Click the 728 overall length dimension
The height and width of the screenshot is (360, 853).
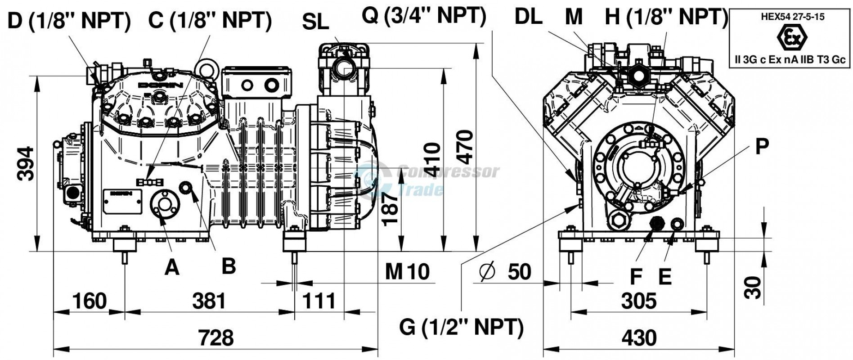coord(216,337)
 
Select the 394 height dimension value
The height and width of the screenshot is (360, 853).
coord(26,163)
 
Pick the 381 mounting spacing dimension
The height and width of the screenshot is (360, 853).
coord(209,301)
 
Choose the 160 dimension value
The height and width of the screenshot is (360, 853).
coord(90,301)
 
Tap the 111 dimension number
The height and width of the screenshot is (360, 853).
coord(319,301)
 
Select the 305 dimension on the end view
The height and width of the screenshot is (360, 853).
coord(639,301)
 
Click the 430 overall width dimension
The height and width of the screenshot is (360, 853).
coord(639,337)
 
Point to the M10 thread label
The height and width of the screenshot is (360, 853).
coord(408,271)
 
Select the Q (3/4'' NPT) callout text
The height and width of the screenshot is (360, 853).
coord(425,16)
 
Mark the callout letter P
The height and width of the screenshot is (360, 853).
coord(762,147)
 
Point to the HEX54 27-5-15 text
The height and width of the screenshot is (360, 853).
coord(790,17)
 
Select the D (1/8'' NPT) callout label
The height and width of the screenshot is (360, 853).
coord(69,20)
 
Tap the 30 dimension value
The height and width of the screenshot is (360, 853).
coord(753,288)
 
